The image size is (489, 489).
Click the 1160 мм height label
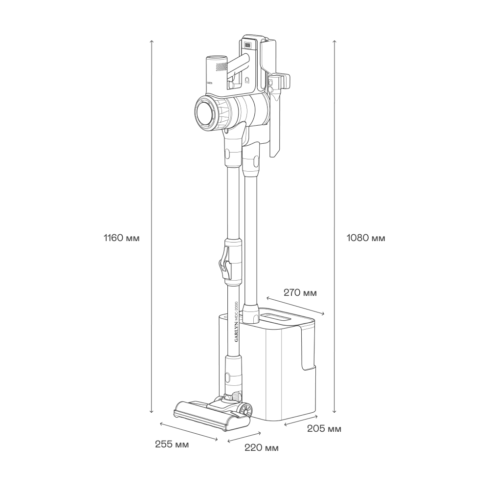click(122, 238)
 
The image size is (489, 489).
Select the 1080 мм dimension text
click(366, 238)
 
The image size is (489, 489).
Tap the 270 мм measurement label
click(300, 293)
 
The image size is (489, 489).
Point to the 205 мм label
click(324, 429)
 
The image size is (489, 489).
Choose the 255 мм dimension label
click(172, 444)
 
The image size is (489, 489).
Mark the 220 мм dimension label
click(262, 448)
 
